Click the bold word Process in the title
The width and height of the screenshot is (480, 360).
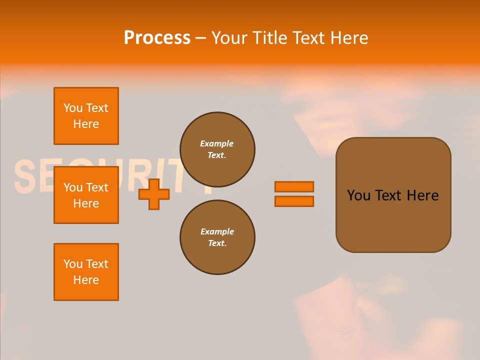click(x=157, y=37)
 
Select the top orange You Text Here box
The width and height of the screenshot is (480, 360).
click(x=86, y=116)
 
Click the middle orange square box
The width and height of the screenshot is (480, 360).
click(x=86, y=195)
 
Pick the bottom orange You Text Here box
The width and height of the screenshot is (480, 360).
click(x=86, y=272)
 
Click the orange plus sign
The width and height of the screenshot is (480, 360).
click(x=154, y=194)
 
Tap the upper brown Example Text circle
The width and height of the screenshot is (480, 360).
click(x=217, y=149)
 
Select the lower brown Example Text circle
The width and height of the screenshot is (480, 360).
click(x=217, y=237)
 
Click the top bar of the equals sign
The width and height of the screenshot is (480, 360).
click(x=294, y=186)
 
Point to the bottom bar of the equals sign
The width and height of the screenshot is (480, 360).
click(x=294, y=201)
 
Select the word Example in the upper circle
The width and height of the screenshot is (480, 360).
click(x=217, y=143)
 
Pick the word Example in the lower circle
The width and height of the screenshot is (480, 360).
click(x=217, y=231)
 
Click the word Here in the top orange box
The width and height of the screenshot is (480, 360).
click(x=86, y=124)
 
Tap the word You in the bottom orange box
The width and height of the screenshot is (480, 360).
click(x=72, y=264)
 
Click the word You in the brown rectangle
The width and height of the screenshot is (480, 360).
click(x=358, y=195)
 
